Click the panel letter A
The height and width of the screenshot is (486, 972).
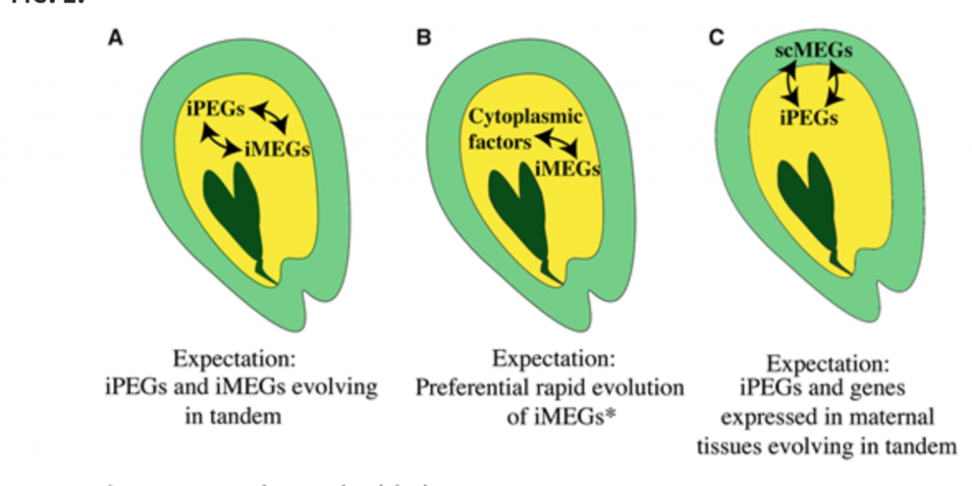pyautogui.click(x=115, y=39)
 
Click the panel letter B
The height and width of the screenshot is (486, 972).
pyautogui.click(x=424, y=39)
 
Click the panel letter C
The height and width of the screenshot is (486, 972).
pyautogui.click(x=716, y=39)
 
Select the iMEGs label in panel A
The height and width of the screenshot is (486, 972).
pyautogui.click(x=277, y=151)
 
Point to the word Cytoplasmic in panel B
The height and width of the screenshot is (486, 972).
pyautogui.click(x=525, y=116)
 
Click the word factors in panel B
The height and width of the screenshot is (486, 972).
pyautogui.click(x=499, y=142)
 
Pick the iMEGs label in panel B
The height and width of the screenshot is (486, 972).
pyautogui.click(x=567, y=168)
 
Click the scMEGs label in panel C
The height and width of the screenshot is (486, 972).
pyautogui.click(x=813, y=52)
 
